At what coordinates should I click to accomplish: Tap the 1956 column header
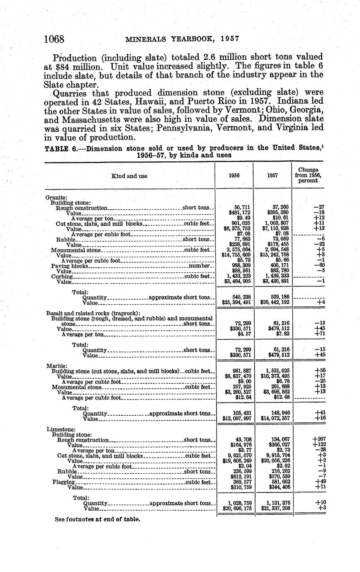point(234,175)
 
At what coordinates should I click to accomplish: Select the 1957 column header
point(272,175)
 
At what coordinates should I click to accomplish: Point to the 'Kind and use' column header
point(129,176)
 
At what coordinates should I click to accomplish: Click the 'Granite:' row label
point(56,198)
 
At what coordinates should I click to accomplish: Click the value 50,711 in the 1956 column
point(241,207)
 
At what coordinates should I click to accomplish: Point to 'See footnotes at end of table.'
point(97,519)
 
